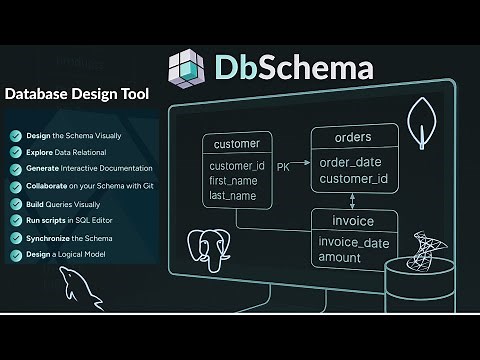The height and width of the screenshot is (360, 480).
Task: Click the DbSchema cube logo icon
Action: pyautogui.click(x=188, y=68)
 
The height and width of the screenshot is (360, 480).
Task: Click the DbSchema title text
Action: pyautogui.click(x=294, y=68)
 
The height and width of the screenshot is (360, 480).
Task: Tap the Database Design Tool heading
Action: pyautogui.click(x=77, y=95)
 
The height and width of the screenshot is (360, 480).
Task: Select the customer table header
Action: pyautogui.click(x=237, y=143)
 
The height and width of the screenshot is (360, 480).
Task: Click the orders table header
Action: pyautogui.click(x=352, y=137)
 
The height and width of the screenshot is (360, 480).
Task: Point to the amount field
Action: pyautogui.click(x=340, y=258)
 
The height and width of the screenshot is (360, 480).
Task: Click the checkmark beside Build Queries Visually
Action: pyautogui.click(x=15, y=204)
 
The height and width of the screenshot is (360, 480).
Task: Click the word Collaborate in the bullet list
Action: pyautogui.click(x=46, y=186)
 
